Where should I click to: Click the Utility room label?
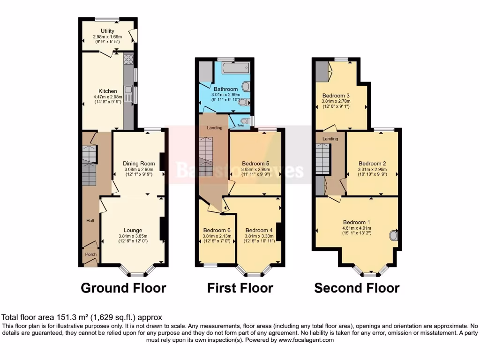coord(107,30)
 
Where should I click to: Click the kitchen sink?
coord(128,89)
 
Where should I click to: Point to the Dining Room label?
coord(139,164)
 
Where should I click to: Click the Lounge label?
coord(133,230)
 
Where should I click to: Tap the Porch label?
coord(90,255)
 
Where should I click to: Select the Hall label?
coord(90,220)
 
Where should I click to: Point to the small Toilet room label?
coord(241,126)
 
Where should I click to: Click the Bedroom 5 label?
coord(255,164)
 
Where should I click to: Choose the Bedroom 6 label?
coord(216,230)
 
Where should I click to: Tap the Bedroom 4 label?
coord(259,230)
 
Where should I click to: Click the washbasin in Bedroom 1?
coord(394,235)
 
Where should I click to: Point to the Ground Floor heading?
coord(123,287)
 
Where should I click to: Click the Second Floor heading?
coord(357,287)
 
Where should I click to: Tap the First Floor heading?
coord(240,287)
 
